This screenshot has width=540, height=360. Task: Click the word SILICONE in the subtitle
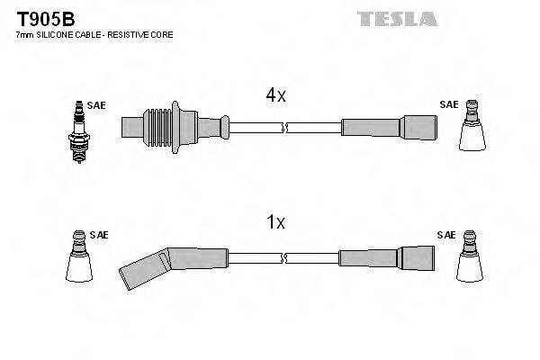click(x=58, y=34)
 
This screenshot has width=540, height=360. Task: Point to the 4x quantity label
click(x=275, y=94)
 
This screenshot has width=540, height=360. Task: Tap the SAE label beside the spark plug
click(x=97, y=105)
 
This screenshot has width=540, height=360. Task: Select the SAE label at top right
click(x=447, y=104)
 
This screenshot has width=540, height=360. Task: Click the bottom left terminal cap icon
click(x=80, y=259)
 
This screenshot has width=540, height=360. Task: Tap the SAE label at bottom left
click(x=100, y=235)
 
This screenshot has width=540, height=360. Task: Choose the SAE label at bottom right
click(x=446, y=235)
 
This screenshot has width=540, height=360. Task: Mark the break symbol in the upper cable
click(x=283, y=129)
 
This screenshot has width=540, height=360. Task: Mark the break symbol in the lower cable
click(x=283, y=258)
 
